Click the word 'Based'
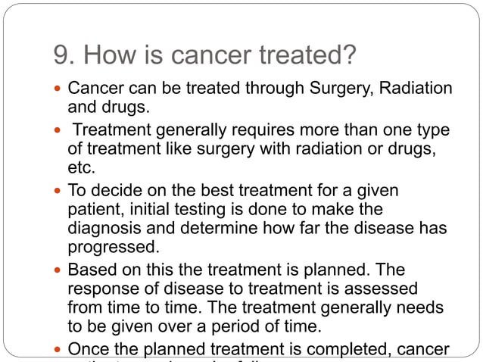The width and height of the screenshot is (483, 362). coord(89,270)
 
